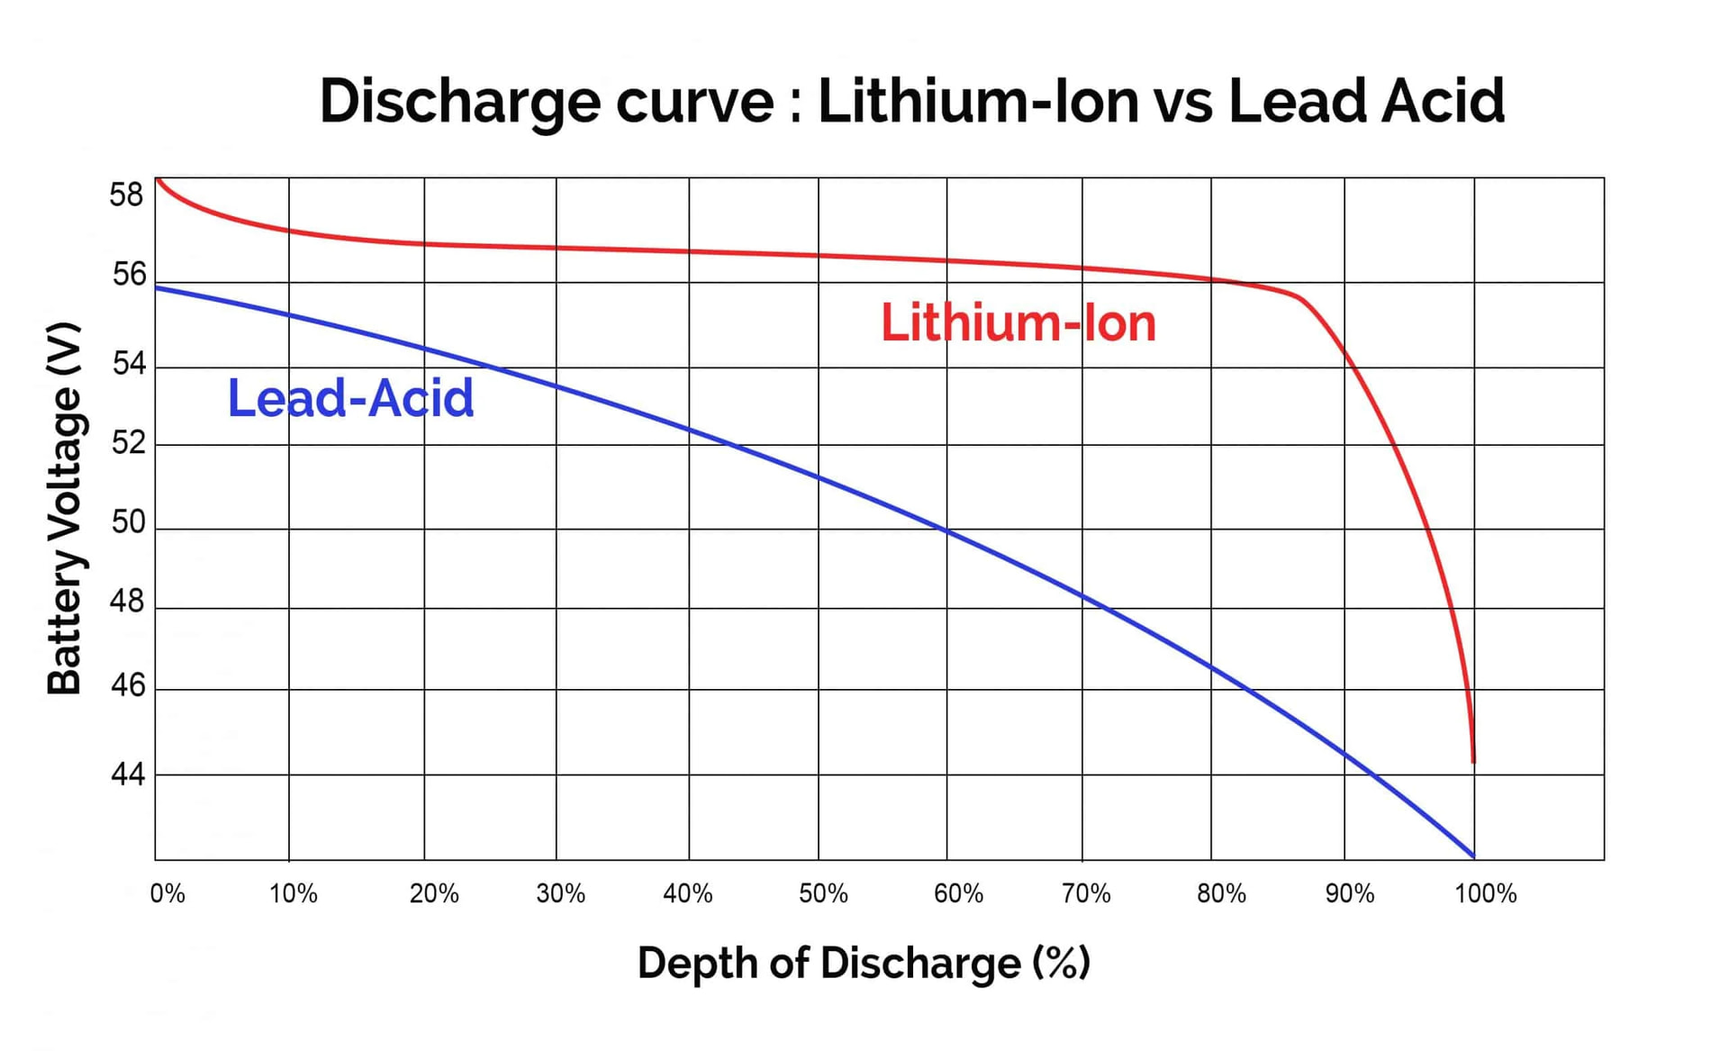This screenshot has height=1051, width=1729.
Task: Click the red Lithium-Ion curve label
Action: click(1018, 322)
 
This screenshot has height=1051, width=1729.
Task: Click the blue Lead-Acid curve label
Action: click(350, 398)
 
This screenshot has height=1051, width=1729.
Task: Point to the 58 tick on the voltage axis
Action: click(126, 195)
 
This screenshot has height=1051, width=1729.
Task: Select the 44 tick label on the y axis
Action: click(127, 774)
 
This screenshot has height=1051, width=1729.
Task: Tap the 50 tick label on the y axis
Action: click(128, 521)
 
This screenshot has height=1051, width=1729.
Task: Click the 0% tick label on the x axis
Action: click(167, 893)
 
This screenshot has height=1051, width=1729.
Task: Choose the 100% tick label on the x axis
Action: click(1486, 893)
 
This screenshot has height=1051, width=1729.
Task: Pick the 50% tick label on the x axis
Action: click(823, 893)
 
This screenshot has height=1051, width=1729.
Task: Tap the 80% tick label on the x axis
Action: click(1221, 893)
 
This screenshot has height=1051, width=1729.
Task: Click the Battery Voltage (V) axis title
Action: click(65, 508)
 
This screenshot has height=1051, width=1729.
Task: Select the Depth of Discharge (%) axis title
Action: click(864, 963)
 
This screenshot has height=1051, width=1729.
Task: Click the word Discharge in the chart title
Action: click(459, 101)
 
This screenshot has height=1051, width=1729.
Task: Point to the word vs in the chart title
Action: click(1182, 101)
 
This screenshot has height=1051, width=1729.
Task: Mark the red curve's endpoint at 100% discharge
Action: click(1473, 762)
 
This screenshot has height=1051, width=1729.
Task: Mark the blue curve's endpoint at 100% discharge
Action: click(1473, 856)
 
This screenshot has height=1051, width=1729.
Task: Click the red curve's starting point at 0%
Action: click(158, 179)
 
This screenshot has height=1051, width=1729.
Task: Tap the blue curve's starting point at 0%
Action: click(157, 288)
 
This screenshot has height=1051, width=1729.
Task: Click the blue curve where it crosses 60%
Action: click(947, 531)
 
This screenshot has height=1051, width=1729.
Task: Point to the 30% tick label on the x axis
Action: click(560, 893)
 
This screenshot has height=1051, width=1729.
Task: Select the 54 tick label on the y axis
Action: click(128, 364)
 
